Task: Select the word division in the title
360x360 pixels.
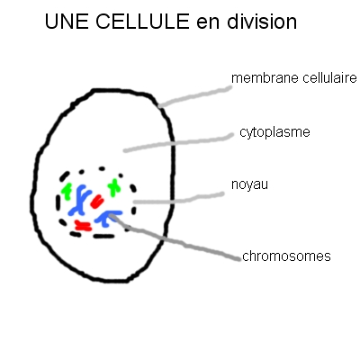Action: coord(262,22)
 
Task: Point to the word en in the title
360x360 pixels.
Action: coord(208,23)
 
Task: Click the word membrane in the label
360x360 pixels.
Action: coord(265,78)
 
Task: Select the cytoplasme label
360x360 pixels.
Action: coord(274,132)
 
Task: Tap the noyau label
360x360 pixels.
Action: coord(249,184)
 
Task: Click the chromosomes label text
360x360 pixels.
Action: coord(286,256)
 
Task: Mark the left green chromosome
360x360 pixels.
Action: coord(67,191)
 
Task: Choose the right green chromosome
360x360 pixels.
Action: coord(114,187)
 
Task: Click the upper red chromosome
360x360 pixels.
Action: coord(97,202)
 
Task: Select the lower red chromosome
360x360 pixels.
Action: coord(83,226)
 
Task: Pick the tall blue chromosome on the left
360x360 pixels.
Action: coord(80,201)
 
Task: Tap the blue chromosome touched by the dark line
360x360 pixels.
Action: coord(106,218)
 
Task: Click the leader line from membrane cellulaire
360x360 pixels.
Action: coord(195,96)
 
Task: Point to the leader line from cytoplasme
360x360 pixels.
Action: coord(179,142)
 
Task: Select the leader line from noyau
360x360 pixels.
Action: coord(179,200)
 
